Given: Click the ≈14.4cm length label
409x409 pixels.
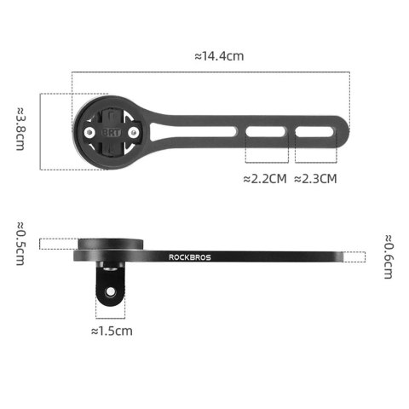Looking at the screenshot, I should pyautogui.click(x=219, y=56).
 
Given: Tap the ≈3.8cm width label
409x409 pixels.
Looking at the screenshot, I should pyautogui.click(x=20, y=128).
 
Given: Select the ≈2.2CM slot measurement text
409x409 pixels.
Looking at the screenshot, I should pyautogui.click(x=265, y=179).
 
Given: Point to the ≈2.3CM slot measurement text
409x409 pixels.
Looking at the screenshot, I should pyautogui.click(x=315, y=179).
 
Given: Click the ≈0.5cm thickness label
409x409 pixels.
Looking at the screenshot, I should pyautogui.click(x=20, y=242).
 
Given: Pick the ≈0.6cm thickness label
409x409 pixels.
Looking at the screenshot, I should pyautogui.click(x=389, y=256).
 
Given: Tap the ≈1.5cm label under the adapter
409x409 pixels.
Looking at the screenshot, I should pyautogui.click(x=112, y=330).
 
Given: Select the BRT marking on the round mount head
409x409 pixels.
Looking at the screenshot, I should pyautogui.click(x=110, y=133).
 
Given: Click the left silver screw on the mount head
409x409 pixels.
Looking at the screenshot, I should pyautogui.click(x=88, y=133).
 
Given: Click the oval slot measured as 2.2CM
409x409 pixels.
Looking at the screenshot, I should pyautogui.click(x=267, y=132).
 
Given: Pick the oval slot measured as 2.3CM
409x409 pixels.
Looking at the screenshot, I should pyautogui.click(x=317, y=132).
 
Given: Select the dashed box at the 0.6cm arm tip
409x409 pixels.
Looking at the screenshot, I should pyautogui.click(x=354, y=256).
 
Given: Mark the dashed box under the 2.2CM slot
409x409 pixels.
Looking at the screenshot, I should pyautogui.click(x=267, y=153).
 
